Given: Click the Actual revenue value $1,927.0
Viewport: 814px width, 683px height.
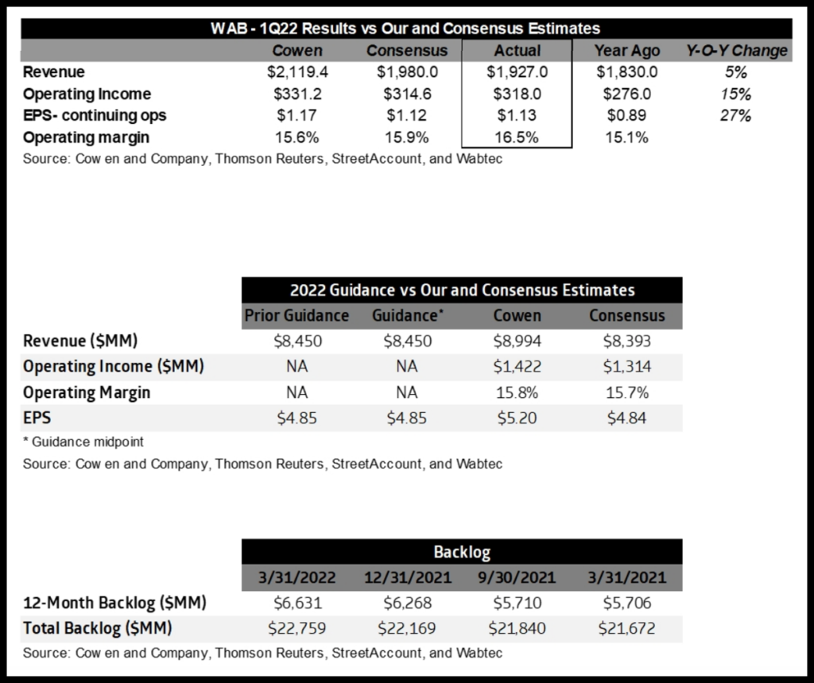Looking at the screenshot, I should click(x=517, y=72).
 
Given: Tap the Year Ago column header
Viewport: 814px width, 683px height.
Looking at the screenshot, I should click(x=626, y=51).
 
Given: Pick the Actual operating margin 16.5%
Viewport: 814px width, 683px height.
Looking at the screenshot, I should click(x=517, y=137).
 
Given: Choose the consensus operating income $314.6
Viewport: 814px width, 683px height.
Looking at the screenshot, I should click(x=407, y=94).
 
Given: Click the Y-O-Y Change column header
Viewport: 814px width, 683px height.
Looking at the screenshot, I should click(x=736, y=51).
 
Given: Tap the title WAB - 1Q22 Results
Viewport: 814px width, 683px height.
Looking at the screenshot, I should click(x=406, y=29).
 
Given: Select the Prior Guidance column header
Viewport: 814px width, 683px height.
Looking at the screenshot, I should click(x=297, y=315).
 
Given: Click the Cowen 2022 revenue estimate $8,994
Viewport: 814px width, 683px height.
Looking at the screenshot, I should click(x=517, y=342).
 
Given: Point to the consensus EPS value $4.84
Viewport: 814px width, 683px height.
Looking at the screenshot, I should click(x=626, y=418).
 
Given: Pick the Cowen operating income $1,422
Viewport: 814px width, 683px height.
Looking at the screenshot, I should click(x=517, y=367).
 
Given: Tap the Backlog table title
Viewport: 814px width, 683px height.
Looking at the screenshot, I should click(x=462, y=551).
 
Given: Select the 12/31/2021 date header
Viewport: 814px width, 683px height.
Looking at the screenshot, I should click(x=407, y=577).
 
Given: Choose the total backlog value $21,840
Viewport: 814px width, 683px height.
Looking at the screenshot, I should click(x=517, y=630).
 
